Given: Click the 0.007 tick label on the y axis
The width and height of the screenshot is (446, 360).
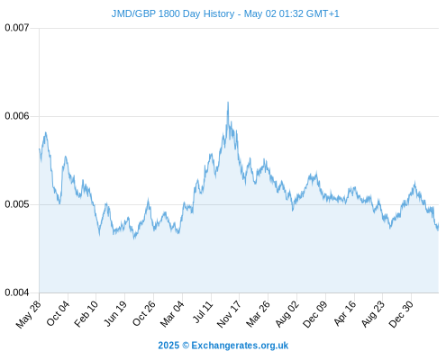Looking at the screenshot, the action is (x=17, y=28).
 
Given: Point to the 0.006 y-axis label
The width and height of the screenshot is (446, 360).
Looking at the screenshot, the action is (x=17, y=116).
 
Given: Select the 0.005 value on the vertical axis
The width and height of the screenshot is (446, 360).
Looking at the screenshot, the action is (x=17, y=204).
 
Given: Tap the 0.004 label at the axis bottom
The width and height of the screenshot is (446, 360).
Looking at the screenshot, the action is (x=17, y=292).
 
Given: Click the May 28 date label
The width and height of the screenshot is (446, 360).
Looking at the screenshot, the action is (x=28, y=314).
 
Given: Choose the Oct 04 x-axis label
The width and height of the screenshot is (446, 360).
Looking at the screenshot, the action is (x=58, y=313).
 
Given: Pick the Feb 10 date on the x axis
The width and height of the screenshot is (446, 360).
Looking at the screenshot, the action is (x=86, y=313).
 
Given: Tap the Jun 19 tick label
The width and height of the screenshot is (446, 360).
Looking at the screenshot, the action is (x=115, y=313).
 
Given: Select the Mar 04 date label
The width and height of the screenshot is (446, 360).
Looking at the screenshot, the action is (x=172, y=314).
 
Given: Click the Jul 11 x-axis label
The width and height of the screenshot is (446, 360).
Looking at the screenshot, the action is (x=203, y=312).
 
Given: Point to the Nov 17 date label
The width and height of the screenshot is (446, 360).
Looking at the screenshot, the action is (x=229, y=314).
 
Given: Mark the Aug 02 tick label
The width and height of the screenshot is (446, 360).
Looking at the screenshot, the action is (x=287, y=314).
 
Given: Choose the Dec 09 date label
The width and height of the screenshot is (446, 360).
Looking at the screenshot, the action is (x=315, y=314).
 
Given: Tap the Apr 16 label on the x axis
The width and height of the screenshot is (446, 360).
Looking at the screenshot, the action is (x=345, y=313).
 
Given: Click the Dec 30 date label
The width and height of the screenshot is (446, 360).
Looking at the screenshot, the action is (x=401, y=314).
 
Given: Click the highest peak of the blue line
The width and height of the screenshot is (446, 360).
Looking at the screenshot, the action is (x=228, y=103).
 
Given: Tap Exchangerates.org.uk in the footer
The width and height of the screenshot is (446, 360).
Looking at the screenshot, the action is (x=240, y=346).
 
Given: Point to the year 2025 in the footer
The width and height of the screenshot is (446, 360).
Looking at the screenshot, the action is (x=168, y=346).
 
